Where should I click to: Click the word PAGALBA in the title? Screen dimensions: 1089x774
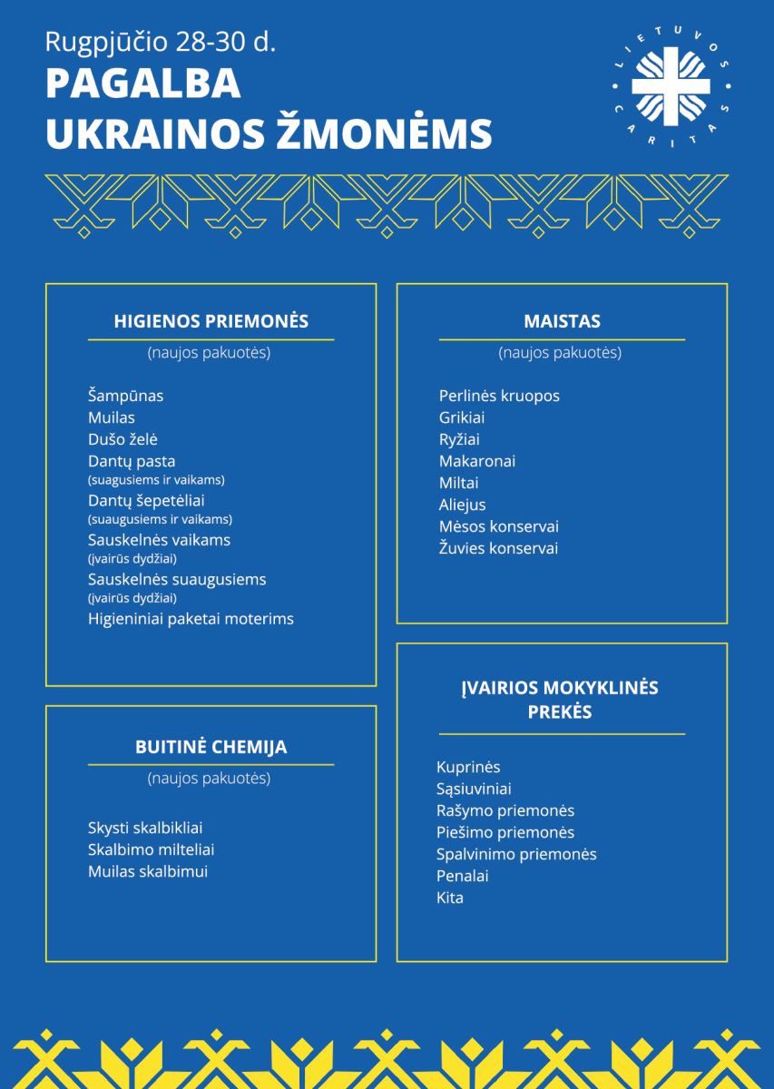(142, 83)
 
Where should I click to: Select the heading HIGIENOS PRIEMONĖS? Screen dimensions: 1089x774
(211, 321)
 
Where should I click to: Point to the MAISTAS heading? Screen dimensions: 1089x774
(562, 321)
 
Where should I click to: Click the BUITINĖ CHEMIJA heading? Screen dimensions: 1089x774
(211, 748)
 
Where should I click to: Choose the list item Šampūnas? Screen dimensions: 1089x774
(125, 396)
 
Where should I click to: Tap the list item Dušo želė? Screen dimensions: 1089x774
(122, 439)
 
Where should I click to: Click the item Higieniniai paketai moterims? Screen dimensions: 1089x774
(191, 619)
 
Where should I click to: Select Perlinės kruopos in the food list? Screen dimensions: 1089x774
(499, 396)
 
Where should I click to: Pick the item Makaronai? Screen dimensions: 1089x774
(476, 461)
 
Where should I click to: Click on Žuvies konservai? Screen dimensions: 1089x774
(498, 548)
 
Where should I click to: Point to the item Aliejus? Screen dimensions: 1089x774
(462, 505)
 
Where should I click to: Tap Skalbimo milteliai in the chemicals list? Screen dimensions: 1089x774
(151, 849)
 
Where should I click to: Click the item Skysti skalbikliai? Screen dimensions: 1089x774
(145, 828)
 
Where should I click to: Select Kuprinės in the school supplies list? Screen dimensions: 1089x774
(468, 767)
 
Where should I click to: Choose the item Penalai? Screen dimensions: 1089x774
(462, 876)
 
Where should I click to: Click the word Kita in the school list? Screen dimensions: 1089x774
(449, 898)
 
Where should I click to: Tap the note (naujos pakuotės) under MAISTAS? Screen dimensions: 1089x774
(560, 353)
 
